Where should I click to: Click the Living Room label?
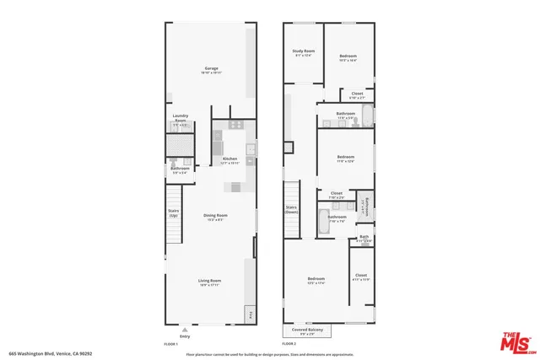tap(210, 282)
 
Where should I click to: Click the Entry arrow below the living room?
tap(186, 330)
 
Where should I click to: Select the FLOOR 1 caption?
tap(171, 344)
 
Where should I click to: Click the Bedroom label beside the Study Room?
tap(348, 57)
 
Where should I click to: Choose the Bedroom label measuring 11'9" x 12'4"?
tap(346, 158)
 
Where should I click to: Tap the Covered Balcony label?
tap(308, 330)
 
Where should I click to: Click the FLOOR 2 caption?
tap(289, 344)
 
